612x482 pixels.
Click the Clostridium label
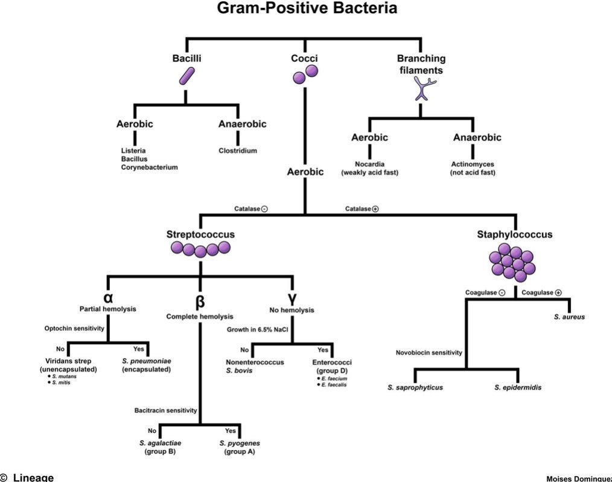[238, 151]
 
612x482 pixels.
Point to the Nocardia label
[369, 164]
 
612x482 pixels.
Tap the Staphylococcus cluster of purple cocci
[512, 263]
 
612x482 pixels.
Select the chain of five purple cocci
[201, 248]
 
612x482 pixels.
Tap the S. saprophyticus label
[415, 387]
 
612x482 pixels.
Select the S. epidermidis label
[517, 387]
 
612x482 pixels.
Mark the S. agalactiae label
[160, 443]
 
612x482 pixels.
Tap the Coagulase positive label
[541, 292]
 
